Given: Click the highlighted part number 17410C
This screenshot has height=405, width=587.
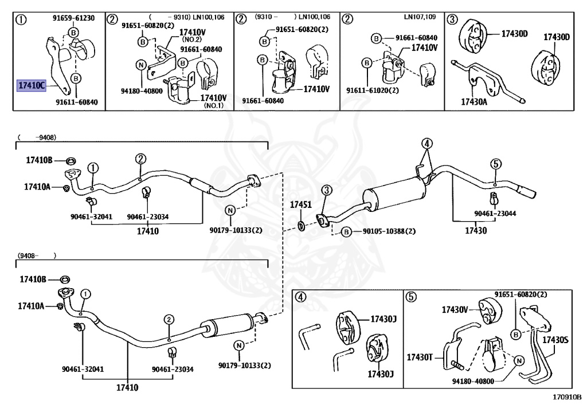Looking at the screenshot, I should [31, 86].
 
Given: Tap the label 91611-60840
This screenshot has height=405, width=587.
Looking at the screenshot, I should [77, 102].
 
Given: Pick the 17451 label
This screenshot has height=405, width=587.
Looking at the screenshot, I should [300, 205].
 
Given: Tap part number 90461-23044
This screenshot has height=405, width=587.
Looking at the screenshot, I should [495, 213].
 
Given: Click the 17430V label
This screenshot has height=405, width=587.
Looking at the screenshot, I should [455, 309].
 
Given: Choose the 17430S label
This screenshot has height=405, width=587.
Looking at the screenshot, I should [555, 340].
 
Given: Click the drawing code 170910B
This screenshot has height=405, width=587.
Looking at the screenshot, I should [566, 396].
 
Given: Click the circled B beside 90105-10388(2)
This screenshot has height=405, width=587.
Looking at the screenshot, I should [346, 232].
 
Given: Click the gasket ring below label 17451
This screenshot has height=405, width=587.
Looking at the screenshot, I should [301, 221].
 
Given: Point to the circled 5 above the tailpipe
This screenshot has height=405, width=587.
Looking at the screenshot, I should [496, 164].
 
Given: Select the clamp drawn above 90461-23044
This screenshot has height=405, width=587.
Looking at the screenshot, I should [494, 199].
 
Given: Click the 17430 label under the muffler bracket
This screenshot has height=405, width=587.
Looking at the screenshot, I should [475, 231].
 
